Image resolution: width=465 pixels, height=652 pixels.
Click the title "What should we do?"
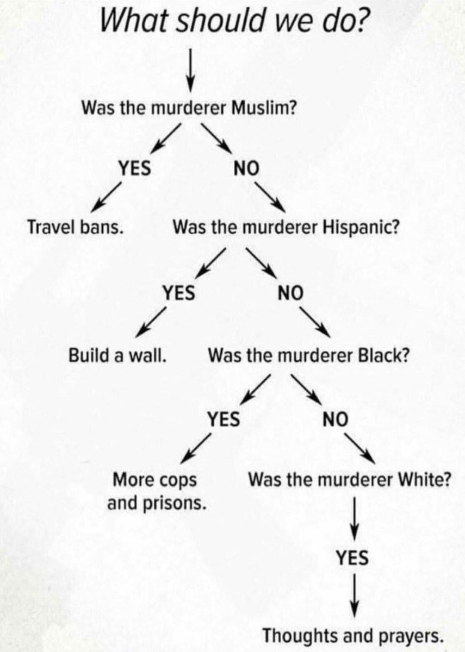pos(232,22)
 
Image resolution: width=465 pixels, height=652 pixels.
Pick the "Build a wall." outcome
pos(117,356)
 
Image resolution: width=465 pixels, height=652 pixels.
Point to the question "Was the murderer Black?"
pos(308,356)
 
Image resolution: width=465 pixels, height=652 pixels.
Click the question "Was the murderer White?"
pos(349,480)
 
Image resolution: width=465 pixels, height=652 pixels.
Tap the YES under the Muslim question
pos(135,168)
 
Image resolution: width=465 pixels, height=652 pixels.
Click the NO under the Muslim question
pos(244,169)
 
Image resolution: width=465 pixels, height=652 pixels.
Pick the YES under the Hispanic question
pos(179,293)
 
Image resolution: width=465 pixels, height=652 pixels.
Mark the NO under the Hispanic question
pos(289,294)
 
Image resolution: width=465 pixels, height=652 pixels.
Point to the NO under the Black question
pos(335,419)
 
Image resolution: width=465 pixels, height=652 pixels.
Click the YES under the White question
pos(352,557)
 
